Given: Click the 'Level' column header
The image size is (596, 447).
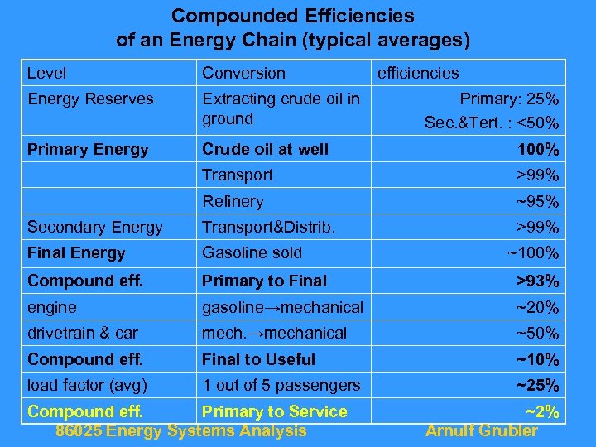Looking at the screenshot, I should pos(46,74).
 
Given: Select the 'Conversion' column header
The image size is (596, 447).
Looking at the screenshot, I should pos(243,74).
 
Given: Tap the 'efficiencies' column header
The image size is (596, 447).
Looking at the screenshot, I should pos(418,74).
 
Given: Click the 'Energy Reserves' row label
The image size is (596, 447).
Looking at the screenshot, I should pos(90,99).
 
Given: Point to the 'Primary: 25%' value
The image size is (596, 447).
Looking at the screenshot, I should pos(509,99).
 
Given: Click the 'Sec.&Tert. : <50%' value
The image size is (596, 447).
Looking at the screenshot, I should pos(492,124).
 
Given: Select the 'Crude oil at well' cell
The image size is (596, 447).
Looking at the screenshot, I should pos(265,150).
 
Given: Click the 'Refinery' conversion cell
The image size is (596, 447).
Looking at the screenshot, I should pos(233,202).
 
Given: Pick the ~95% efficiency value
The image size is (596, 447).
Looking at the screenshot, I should pos(537,202).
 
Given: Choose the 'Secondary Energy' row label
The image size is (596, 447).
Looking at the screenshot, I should pos(95,228).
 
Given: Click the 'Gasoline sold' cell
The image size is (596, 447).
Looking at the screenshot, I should pos(252,253).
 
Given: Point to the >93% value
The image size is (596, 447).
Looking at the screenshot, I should pos(537,281).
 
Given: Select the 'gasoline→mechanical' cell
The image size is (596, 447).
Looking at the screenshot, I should pos(282,308).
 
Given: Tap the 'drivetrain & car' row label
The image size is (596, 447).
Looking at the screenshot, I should pos(83,334).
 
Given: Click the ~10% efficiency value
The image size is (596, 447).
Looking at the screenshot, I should pos(537,360).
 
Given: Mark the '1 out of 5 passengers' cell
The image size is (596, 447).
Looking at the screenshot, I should pos(281,386).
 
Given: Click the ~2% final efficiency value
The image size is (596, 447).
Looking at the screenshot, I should pos(542,412).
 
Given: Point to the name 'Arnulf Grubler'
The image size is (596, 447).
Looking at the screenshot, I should pos(481,430).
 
